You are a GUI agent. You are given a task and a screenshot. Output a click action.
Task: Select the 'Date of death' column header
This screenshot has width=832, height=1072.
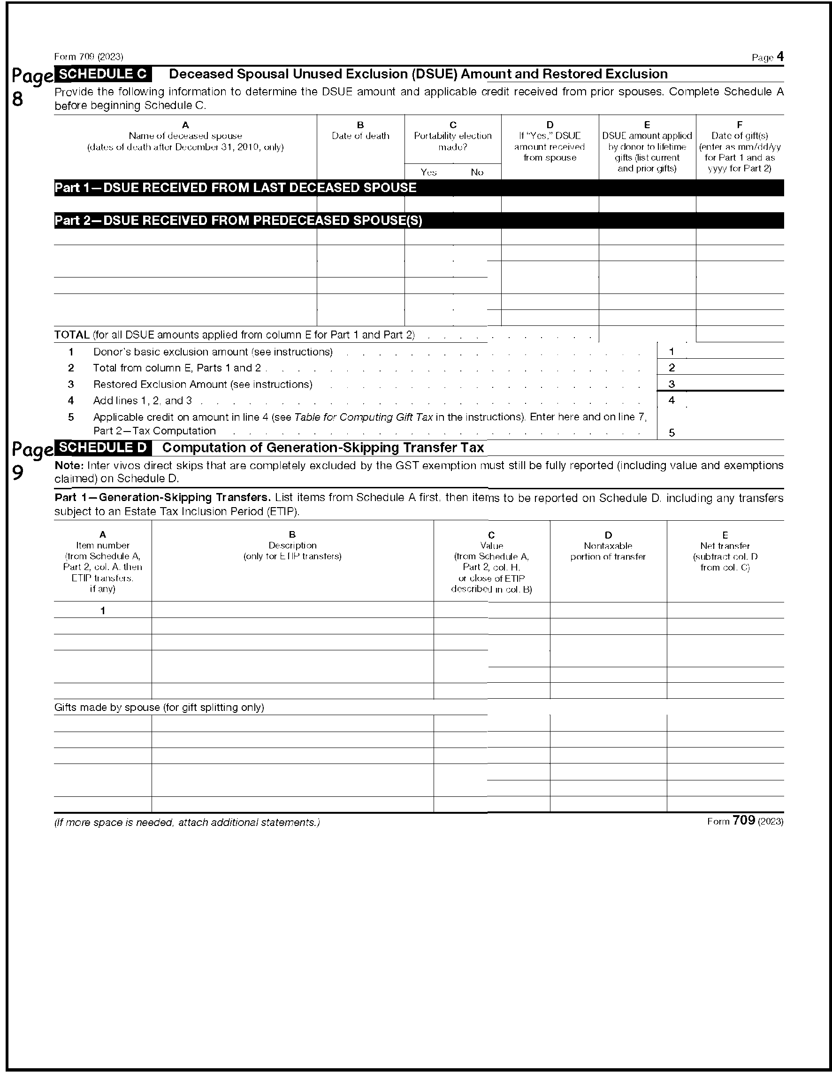[360, 136]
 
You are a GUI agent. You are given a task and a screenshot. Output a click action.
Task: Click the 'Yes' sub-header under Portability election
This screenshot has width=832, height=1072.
[428, 172]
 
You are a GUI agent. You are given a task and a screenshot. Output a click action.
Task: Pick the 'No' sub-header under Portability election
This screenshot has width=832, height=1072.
[477, 172]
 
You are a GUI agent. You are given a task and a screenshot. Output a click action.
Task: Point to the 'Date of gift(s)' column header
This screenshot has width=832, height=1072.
[739, 136]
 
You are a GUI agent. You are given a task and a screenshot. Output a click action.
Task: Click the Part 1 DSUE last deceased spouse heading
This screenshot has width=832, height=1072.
[236, 188]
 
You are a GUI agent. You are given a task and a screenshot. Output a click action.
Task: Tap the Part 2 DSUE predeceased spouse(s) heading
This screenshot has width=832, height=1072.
[238, 221]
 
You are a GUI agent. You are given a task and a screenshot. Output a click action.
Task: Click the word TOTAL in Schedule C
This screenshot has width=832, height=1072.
[72, 335]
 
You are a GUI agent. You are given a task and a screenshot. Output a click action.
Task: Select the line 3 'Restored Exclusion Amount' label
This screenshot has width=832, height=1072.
[203, 384]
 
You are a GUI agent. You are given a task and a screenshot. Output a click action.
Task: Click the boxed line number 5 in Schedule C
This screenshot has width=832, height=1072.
[672, 432]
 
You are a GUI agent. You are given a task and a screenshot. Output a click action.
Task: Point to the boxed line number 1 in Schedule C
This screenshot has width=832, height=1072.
[672, 351]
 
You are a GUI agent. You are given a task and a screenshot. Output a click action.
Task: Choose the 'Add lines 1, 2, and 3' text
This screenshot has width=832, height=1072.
[142, 401]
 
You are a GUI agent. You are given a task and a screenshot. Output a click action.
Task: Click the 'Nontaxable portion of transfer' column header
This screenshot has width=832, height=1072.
[608, 551]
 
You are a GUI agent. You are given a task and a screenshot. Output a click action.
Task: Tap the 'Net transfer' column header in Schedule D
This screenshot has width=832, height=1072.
[725, 546]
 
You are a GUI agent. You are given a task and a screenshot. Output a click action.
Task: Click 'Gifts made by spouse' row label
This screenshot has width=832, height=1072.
[159, 707]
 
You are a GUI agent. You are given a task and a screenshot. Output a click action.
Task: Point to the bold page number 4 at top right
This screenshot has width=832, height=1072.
[780, 57]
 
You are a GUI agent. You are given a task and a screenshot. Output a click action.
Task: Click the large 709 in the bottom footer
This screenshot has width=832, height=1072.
[743, 821]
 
